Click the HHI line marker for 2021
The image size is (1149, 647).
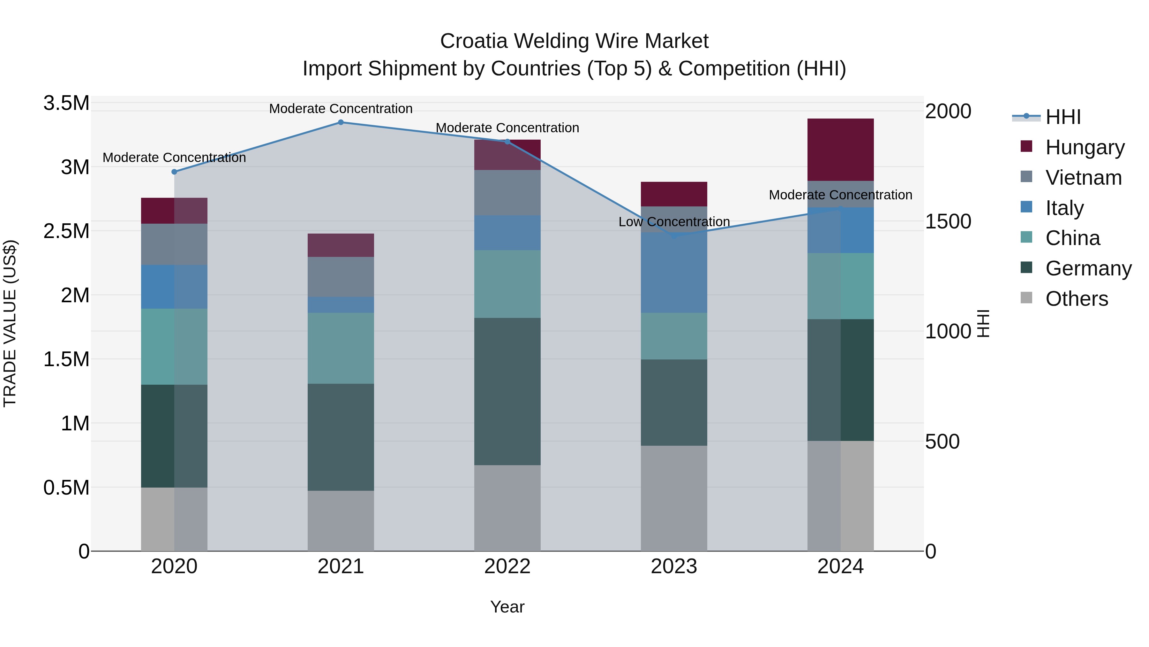tap(341, 122)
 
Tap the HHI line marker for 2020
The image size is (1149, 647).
tap(174, 172)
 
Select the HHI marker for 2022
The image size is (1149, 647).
tap(507, 142)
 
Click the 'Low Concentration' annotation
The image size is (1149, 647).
tap(674, 222)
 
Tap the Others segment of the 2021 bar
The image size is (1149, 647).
tap(341, 521)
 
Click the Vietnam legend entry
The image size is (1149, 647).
tap(1083, 178)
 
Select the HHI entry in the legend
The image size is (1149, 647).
tap(1063, 117)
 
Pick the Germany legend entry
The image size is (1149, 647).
tap(1088, 268)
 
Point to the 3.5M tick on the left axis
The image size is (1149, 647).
tap(66, 103)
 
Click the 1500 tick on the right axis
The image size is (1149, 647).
tap(948, 221)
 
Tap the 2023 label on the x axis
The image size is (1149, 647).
tap(674, 566)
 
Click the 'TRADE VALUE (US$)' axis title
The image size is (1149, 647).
tap(10, 323)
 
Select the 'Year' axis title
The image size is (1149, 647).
tap(507, 607)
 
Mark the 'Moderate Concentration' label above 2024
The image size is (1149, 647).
tap(840, 195)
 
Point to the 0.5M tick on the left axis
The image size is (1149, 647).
tap(66, 488)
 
